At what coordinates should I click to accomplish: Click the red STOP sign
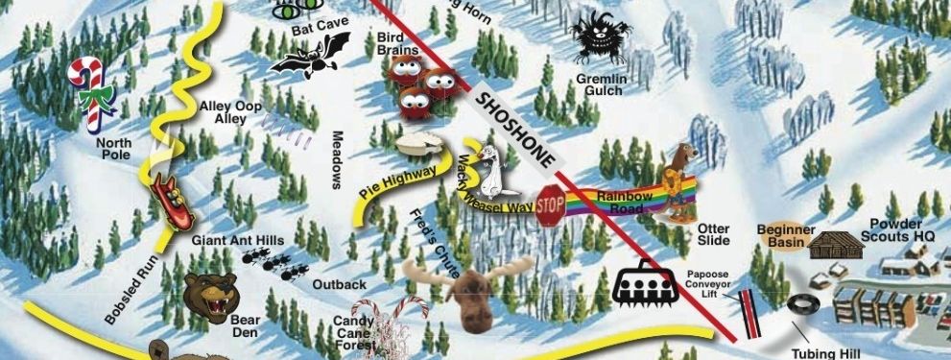(550, 205)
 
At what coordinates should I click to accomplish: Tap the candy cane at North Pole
(97, 94)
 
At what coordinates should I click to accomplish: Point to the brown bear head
(209, 297)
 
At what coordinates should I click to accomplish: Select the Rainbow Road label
(625, 202)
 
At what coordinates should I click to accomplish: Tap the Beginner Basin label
(786, 236)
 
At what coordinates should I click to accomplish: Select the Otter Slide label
(714, 234)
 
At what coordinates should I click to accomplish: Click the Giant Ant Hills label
(237, 240)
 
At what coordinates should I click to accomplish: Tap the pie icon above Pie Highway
(420, 144)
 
